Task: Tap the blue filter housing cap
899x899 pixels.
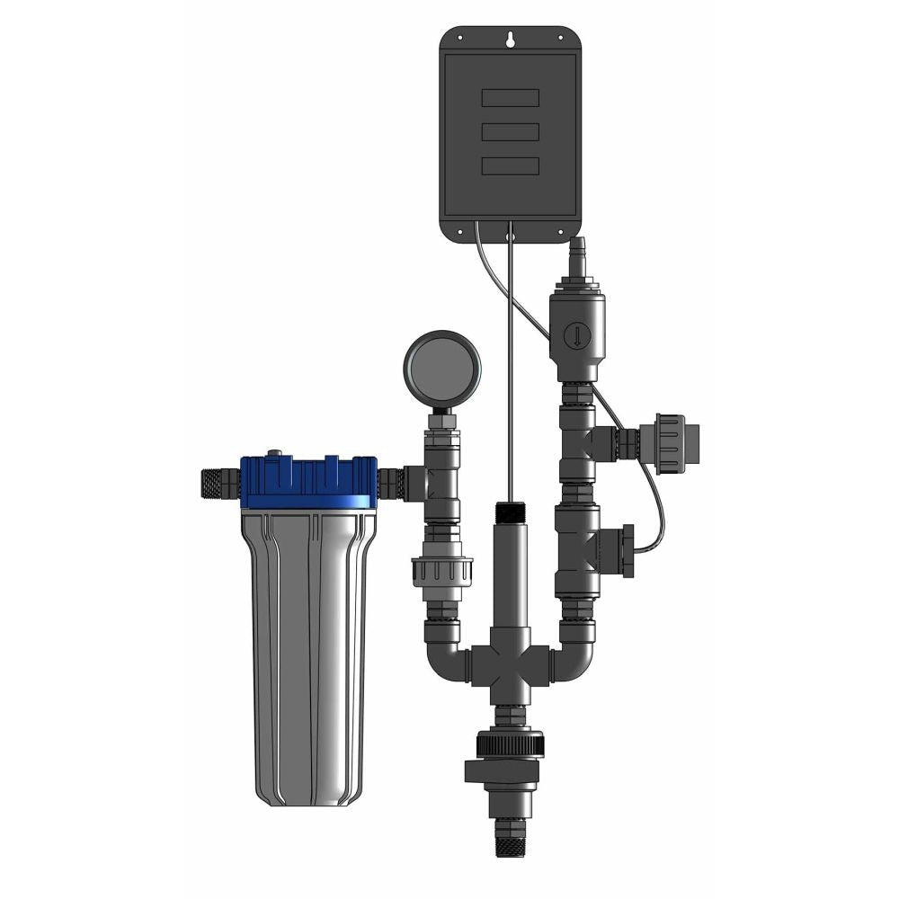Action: [x=309, y=482]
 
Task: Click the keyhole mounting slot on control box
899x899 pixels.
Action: [x=510, y=40]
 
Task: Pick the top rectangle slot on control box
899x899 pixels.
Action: [x=510, y=97]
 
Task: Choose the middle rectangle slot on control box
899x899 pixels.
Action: [x=510, y=131]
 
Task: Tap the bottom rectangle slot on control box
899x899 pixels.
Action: [x=510, y=165]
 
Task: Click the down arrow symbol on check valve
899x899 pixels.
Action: [x=574, y=338]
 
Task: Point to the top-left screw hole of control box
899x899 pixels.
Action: [x=459, y=37]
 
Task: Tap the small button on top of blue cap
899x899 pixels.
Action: [x=275, y=454]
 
